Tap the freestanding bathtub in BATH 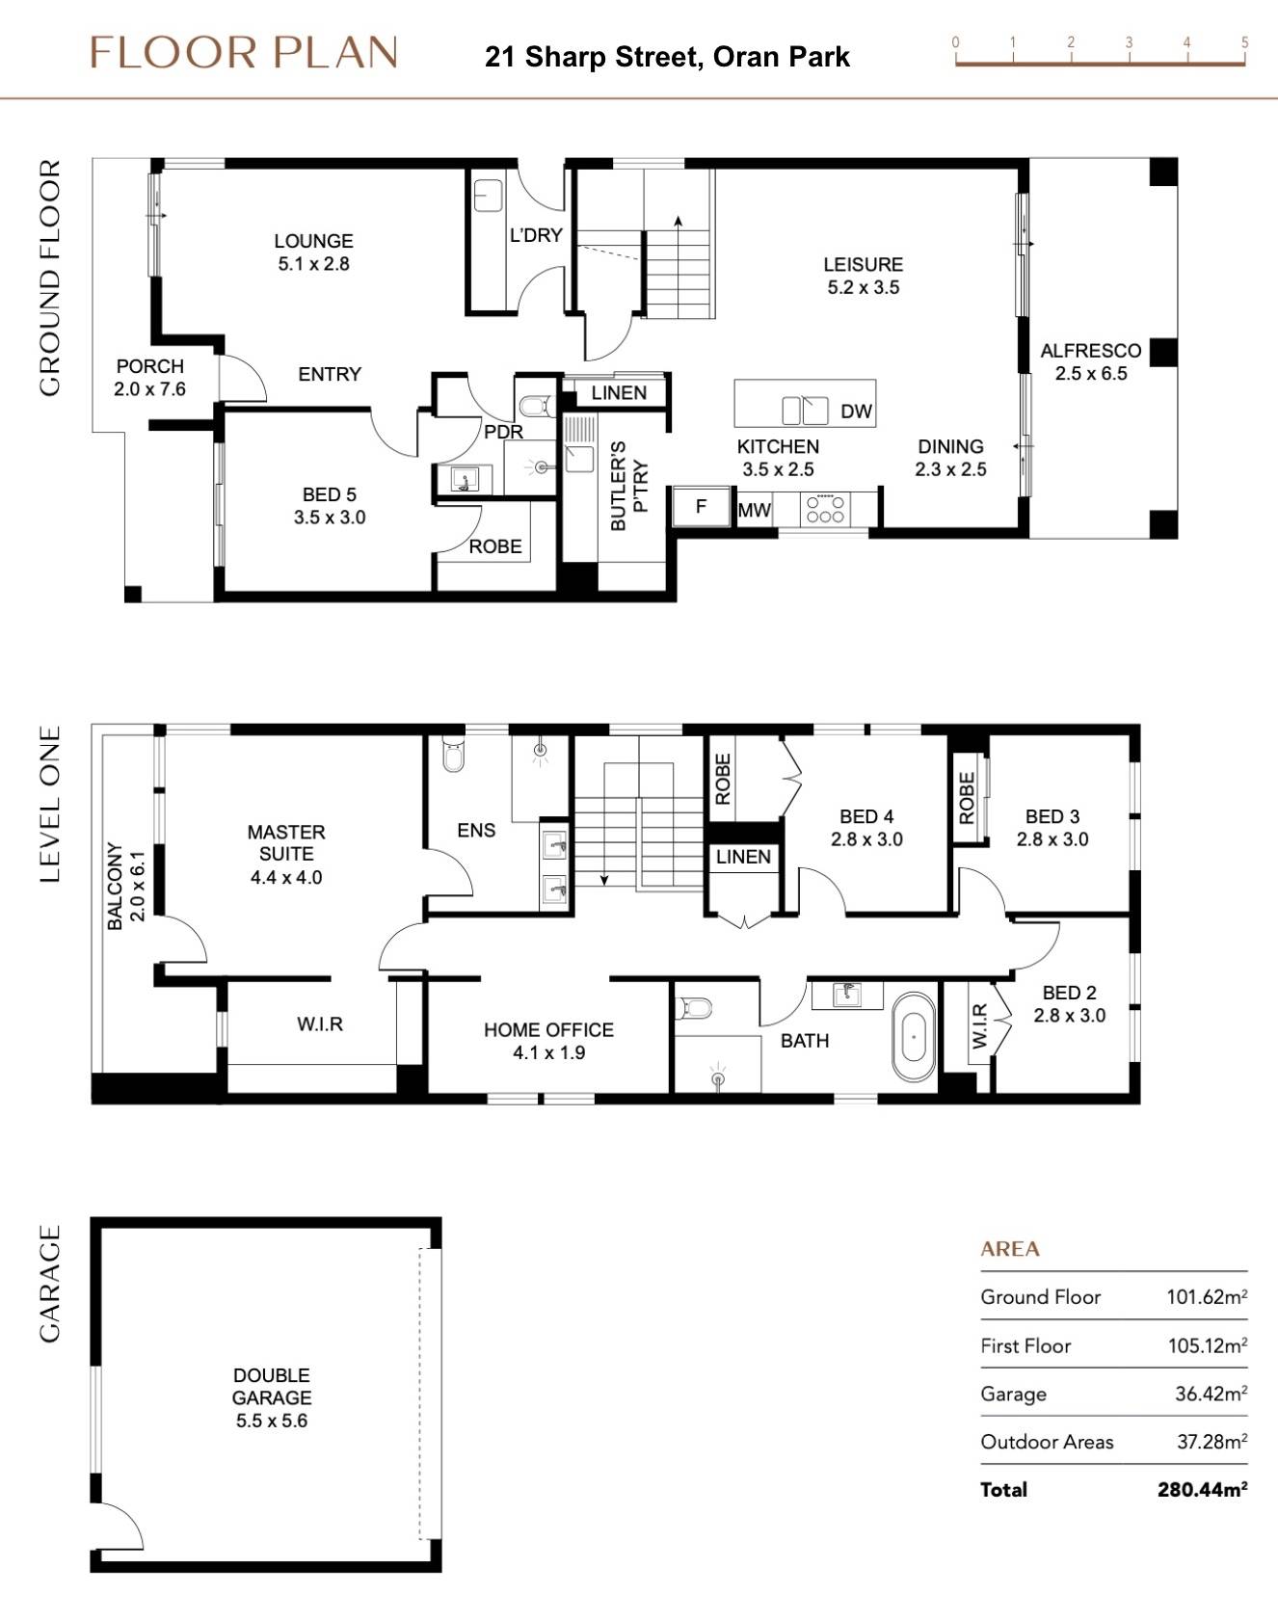(913, 1037)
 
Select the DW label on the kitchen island (856, 412)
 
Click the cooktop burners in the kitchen (826, 509)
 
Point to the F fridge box (701, 507)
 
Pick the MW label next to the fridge (754, 510)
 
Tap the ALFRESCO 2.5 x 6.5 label (1090, 361)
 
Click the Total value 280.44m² (1202, 1489)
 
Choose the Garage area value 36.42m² (1211, 1394)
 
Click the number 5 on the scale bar (1244, 42)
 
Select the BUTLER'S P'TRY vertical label (628, 486)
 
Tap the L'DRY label (536, 235)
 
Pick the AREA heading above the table (1009, 1249)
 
